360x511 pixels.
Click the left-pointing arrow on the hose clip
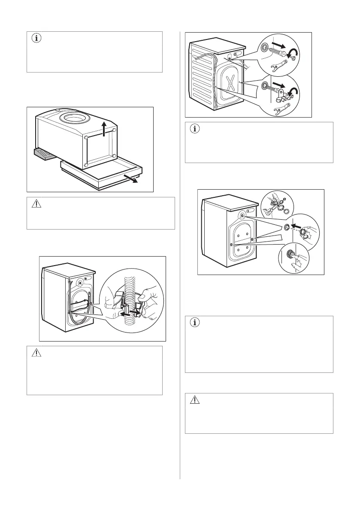[x=125, y=314]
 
